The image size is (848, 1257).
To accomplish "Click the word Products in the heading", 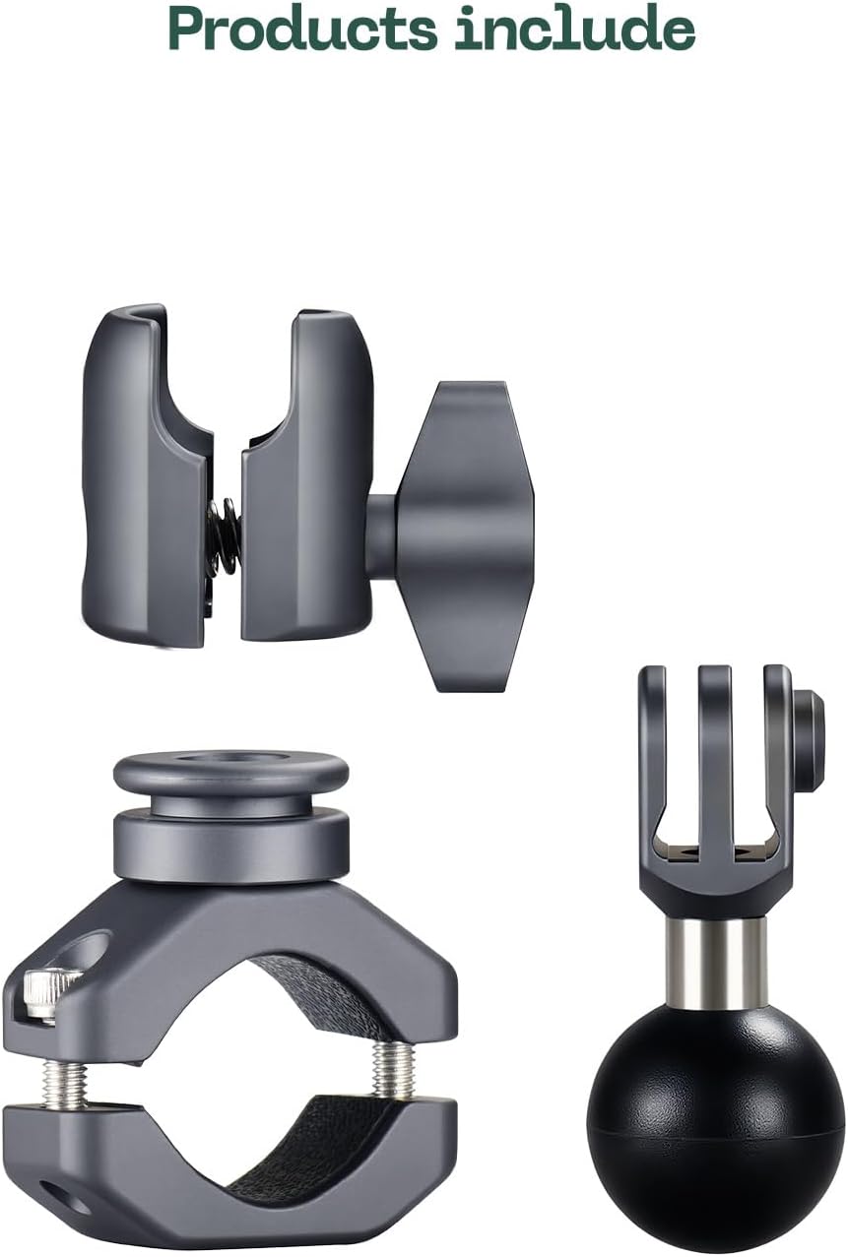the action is tap(302, 29).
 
